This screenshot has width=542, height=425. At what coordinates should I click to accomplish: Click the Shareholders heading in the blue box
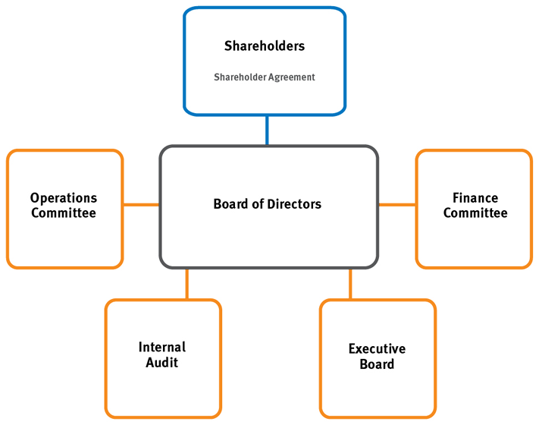pyautogui.click(x=265, y=46)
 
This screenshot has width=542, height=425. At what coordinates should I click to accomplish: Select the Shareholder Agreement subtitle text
pyautogui.click(x=265, y=77)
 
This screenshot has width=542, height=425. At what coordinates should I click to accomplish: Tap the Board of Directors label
pyautogui.click(x=268, y=204)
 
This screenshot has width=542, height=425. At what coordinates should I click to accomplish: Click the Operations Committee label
pyautogui.click(x=64, y=206)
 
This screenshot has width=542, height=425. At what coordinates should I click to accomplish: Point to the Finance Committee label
pyautogui.click(x=475, y=206)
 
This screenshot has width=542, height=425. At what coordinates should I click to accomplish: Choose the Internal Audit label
pyautogui.click(x=162, y=355)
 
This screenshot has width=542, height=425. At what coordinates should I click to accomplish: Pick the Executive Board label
pyautogui.click(x=377, y=357)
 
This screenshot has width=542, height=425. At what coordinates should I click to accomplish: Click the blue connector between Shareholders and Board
pyautogui.click(x=267, y=130)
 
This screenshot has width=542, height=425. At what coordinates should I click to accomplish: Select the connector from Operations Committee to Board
pyautogui.click(x=141, y=204)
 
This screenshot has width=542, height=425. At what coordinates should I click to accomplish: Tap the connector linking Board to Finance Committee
pyautogui.click(x=397, y=204)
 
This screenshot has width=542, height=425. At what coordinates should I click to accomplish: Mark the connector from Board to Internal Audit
pyautogui.click(x=186, y=284)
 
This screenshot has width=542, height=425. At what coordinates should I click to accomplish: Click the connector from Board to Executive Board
pyautogui.click(x=350, y=284)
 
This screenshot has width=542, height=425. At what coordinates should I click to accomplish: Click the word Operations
pyautogui.click(x=64, y=199)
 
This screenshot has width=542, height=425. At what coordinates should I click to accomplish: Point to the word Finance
pyautogui.click(x=475, y=198)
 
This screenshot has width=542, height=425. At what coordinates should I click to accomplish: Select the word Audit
pyautogui.click(x=162, y=363)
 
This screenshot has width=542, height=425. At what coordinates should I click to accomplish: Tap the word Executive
pyautogui.click(x=377, y=349)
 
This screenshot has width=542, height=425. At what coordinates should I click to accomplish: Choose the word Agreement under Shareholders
pyautogui.click(x=291, y=77)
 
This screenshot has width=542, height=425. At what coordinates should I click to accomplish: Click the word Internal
pyautogui.click(x=162, y=348)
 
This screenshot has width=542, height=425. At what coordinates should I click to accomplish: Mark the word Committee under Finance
pyautogui.click(x=475, y=213)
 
